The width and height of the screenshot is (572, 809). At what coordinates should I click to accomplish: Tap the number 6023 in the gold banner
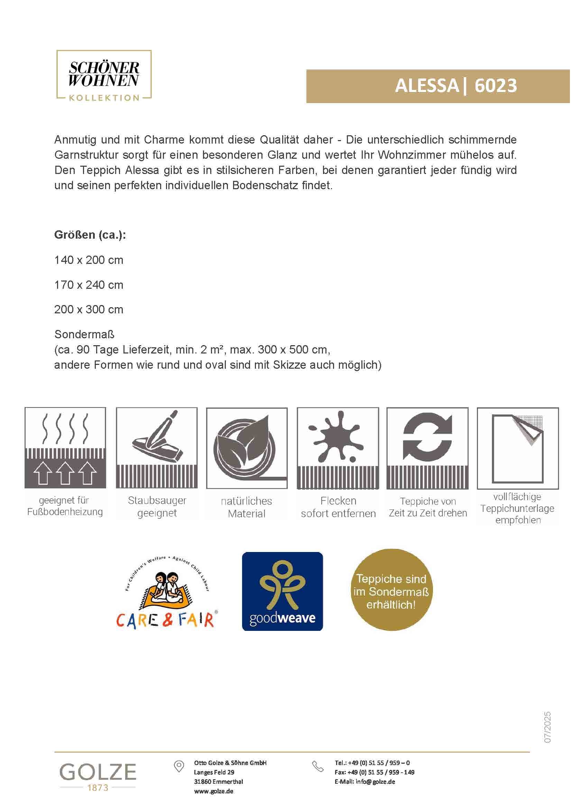coord(496,86)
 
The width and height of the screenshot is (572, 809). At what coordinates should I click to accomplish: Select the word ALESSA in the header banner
coord(426,86)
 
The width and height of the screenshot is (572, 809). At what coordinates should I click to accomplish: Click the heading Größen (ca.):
coord(90,235)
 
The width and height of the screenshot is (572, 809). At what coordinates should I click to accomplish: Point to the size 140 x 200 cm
coord(89,260)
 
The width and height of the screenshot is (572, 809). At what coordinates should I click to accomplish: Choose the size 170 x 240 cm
coord(89,285)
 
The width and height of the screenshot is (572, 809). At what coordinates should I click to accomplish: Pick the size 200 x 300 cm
coord(89,309)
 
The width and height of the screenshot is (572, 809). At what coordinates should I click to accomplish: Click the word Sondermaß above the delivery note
coord(84,334)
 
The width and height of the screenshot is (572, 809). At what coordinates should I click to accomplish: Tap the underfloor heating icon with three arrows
coord(65,448)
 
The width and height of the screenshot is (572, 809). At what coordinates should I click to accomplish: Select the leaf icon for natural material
coord(247,448)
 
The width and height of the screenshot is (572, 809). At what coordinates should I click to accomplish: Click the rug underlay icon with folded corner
coord(518,448)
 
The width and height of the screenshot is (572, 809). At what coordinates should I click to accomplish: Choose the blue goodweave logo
coord(282,591)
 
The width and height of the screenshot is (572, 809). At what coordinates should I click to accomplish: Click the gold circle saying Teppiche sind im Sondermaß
coord(391,591)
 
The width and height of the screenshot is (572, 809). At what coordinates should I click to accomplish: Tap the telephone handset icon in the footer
coord(318,766)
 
